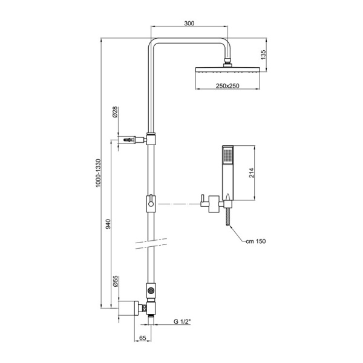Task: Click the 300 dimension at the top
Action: tap(189, 24)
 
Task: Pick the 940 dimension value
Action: tap(109, 223)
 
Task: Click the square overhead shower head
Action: tap(227, 70)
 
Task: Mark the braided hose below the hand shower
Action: tap(228, 217)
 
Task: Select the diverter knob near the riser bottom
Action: tap(150, 292)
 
